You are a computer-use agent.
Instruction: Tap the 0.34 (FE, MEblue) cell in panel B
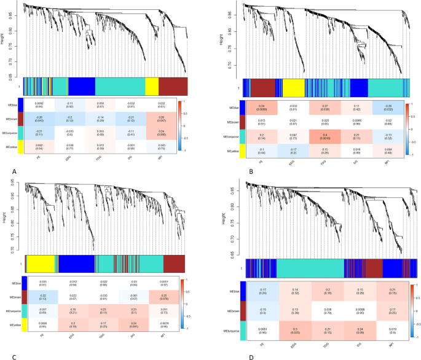pyautogui.click(x=262, y=105)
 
